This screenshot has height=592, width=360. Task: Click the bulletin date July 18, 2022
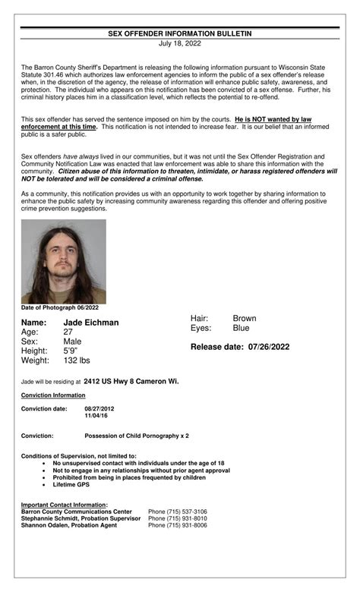pyautogui.click(x=179, y=44)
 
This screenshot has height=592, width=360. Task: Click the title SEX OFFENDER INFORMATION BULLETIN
pyautogui.click(x=179, y=34)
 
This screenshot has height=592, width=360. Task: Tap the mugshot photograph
pyautogui.click(x=64, y=262)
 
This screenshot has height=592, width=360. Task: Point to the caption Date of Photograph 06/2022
pyautogui.click(x=60, y=307)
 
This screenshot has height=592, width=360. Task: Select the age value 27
pyautogui.click(x=68, y=332)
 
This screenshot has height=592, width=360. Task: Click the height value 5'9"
pyautogui.click(x=71, y=351)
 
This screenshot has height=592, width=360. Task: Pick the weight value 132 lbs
pyautogui.click(x=77, y=361)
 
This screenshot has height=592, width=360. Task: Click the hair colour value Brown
pyautogui.click(x=245, y=319)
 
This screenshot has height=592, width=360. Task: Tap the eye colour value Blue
pyautogui.click(x=241, y=329)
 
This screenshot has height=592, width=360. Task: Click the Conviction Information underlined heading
pyautogui.click(x=53, y=395)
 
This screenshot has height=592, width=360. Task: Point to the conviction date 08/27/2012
pyautogui.click(x=99, y=409)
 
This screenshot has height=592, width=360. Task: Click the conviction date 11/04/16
pyautogui.click(x=96, y=417)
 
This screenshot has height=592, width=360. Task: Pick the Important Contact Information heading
pyautogui.click(x=64, y=505)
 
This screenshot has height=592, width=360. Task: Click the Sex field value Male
pyautogui.click(x=72, y=342)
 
